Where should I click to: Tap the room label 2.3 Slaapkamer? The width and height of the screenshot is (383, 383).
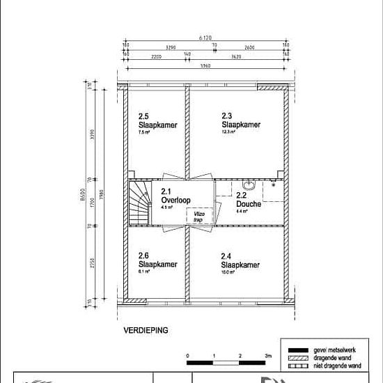coord(240,120)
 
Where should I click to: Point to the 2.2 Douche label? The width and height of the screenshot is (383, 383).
coord(249,201)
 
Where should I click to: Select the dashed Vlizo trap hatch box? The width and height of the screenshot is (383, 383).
coord(198,217)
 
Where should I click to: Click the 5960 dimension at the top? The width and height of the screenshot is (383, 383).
coord(204,66)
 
